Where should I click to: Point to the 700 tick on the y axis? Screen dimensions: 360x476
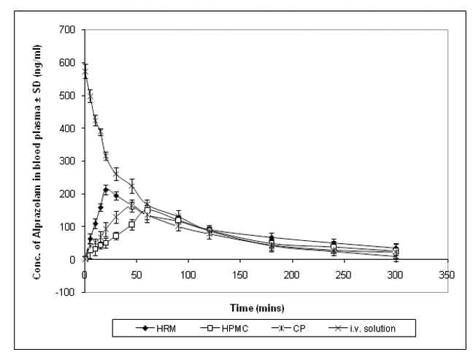(x=72, y=30)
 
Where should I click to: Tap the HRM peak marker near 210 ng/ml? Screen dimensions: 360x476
(x=106, y=190)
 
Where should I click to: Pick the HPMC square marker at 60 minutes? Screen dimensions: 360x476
(x=147, y=210)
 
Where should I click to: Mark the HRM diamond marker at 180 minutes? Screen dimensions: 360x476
(x=272, y=238)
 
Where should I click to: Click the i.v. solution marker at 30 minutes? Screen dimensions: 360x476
(x=116, y=174)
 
